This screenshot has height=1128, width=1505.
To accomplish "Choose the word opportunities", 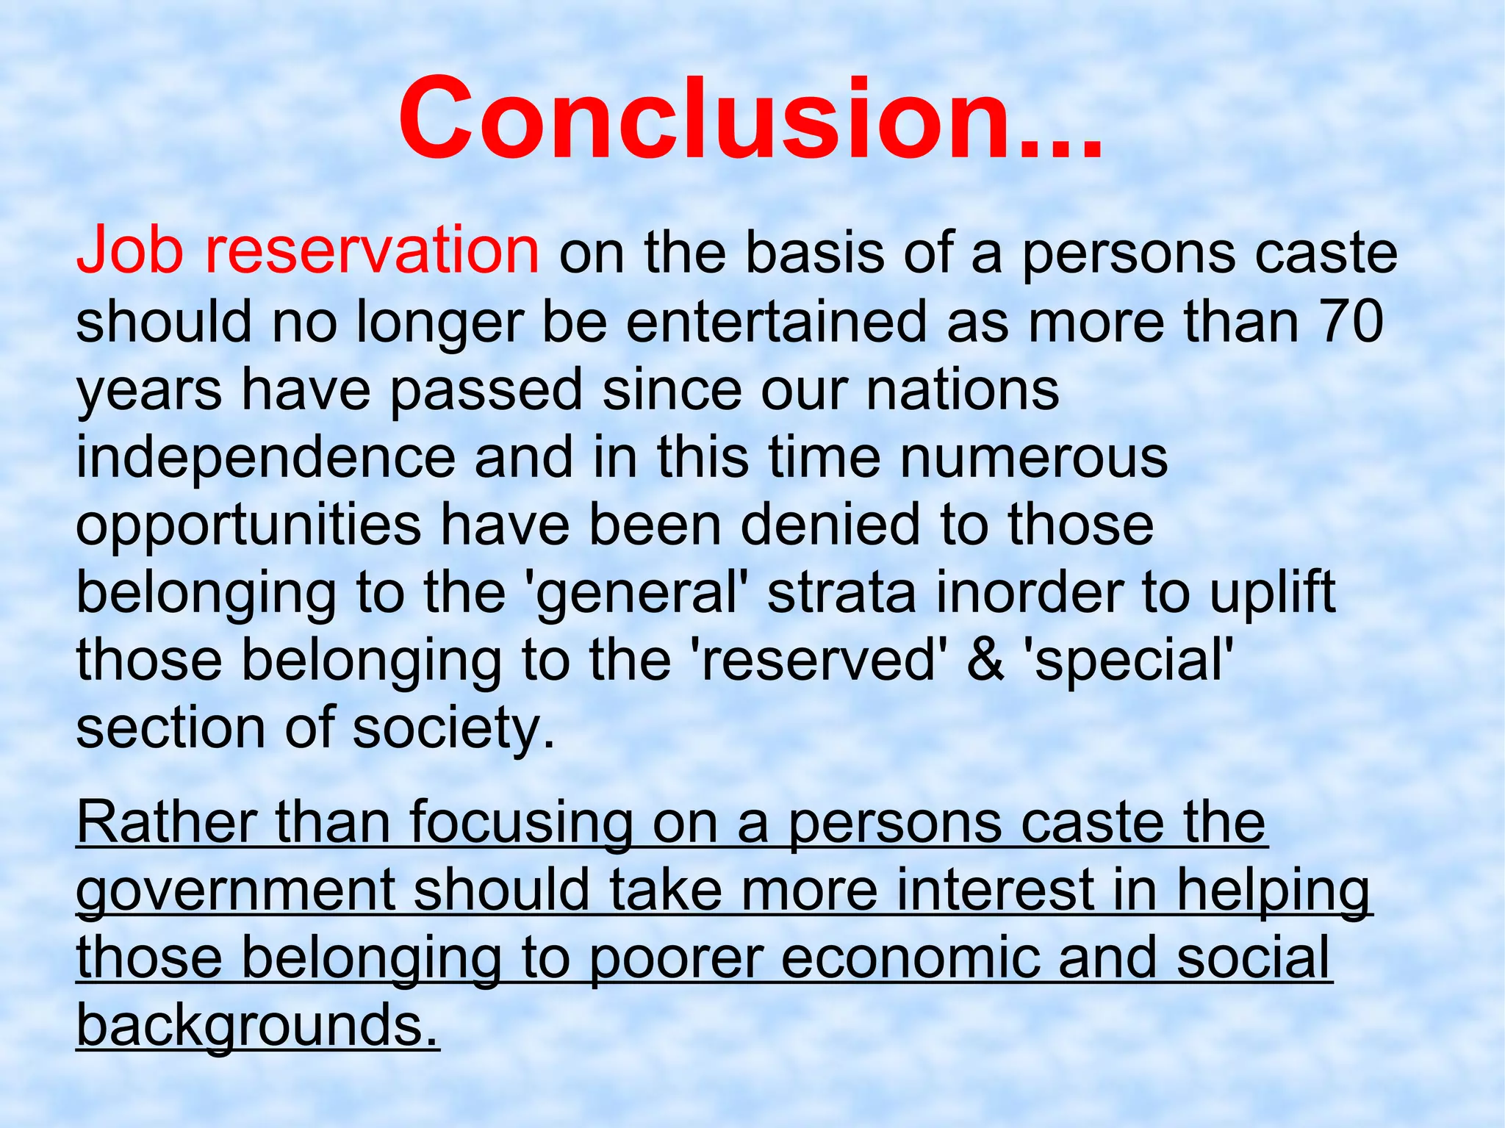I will point(248,526).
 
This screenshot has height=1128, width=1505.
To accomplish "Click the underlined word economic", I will point(910,958).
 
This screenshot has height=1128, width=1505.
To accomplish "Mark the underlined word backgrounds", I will point(257,1026).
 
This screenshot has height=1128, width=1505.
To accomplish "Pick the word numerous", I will point(1033,458).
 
